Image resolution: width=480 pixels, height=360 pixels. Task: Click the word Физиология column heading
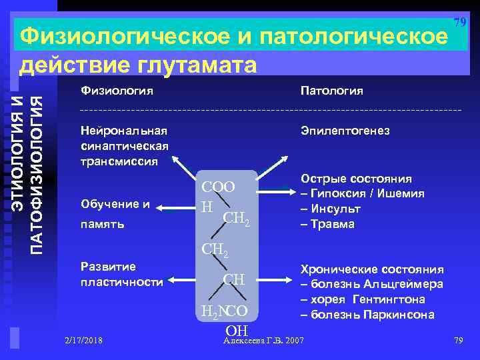[x=116, y=90]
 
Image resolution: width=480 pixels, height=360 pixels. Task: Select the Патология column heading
[x=331, y=90]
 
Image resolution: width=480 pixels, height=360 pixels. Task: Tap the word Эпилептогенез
[x=345, y=131]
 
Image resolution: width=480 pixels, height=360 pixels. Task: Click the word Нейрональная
[x=123, y=131]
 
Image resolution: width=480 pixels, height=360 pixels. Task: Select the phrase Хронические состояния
[x=372, y=269]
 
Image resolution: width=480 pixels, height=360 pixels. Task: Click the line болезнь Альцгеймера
[x=372, y=285]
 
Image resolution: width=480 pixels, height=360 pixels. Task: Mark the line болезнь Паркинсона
[x=367, y=315]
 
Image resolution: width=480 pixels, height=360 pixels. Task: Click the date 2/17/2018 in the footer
[x=84, y=341]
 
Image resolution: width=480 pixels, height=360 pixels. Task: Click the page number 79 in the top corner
[x=459, y=23]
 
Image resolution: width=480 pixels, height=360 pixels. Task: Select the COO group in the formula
[x=219, y=188]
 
